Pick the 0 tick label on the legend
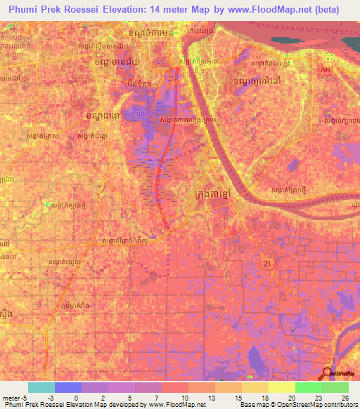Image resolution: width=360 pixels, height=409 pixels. (x=76, y=398)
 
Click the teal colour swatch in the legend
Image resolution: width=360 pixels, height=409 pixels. (x=41, y=387)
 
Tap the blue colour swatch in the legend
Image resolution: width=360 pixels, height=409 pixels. (x=68, y=387)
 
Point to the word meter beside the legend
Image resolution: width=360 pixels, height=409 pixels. (x=11, y=398)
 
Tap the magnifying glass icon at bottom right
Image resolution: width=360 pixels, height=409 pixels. (x=327, y=372)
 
